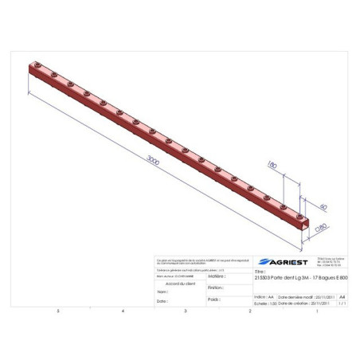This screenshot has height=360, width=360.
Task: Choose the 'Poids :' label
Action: click(213, 299)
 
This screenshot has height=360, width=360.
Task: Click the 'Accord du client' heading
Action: click(179, 282)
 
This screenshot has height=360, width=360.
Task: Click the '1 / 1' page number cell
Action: click(342, 303)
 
